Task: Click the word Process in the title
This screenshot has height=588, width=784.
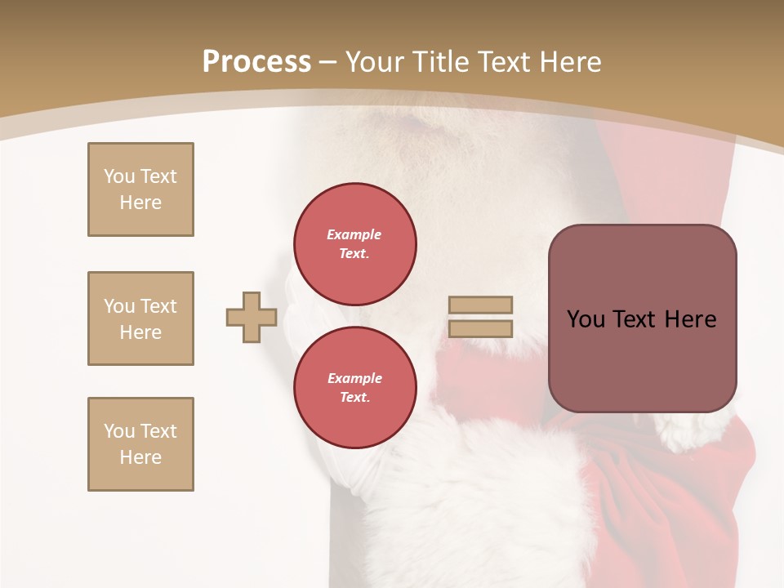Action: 256,62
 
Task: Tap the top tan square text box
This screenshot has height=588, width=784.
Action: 140,189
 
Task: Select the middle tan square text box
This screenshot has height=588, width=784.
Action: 140,318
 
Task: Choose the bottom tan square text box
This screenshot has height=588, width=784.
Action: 140,444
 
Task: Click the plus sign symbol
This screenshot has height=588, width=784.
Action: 252,318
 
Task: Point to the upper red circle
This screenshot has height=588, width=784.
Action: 355,244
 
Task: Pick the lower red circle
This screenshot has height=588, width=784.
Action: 355,388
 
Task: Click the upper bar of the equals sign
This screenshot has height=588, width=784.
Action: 481,305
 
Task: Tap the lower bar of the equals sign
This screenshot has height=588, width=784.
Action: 481,329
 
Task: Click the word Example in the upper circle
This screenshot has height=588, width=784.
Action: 354,234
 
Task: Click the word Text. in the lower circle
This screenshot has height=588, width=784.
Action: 355,398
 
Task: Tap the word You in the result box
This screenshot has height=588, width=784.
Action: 586,319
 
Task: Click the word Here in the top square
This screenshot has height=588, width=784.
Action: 140,203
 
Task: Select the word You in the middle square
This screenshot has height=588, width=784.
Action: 118,306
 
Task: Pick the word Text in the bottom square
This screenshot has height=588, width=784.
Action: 158,431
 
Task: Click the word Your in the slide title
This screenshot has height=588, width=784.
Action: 376,62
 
